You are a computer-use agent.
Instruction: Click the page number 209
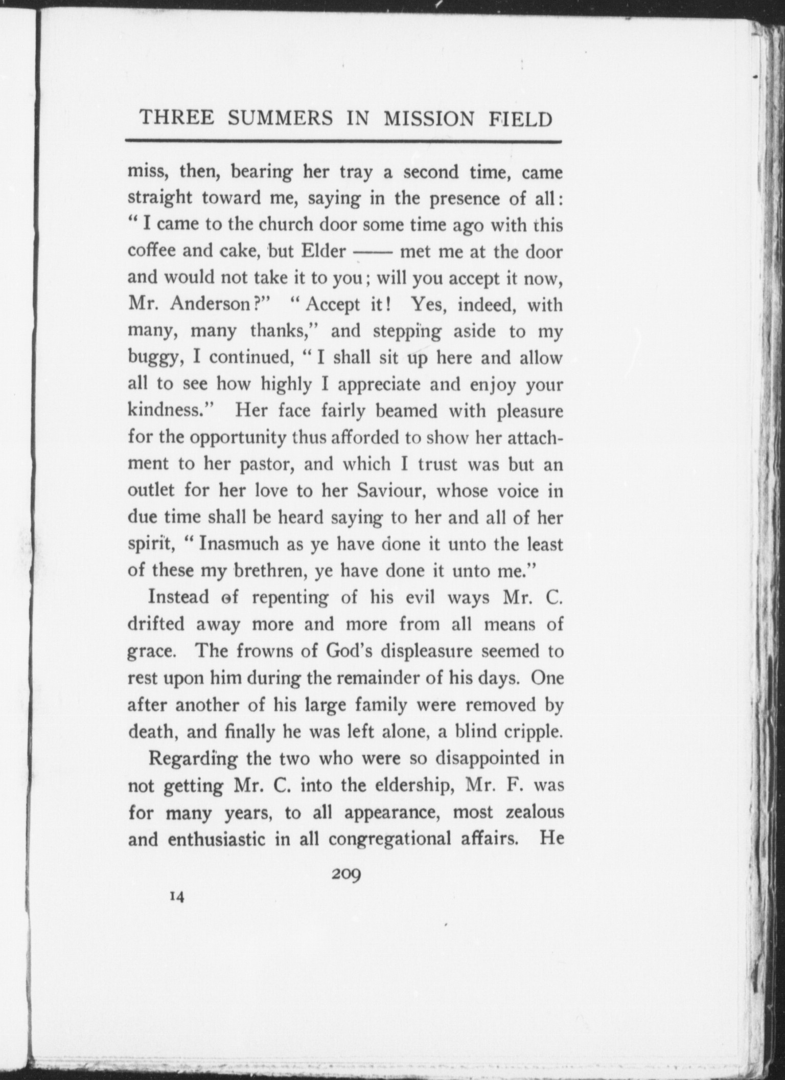coord(346,873)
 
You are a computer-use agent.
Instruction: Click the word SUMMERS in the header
coord(280,119)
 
